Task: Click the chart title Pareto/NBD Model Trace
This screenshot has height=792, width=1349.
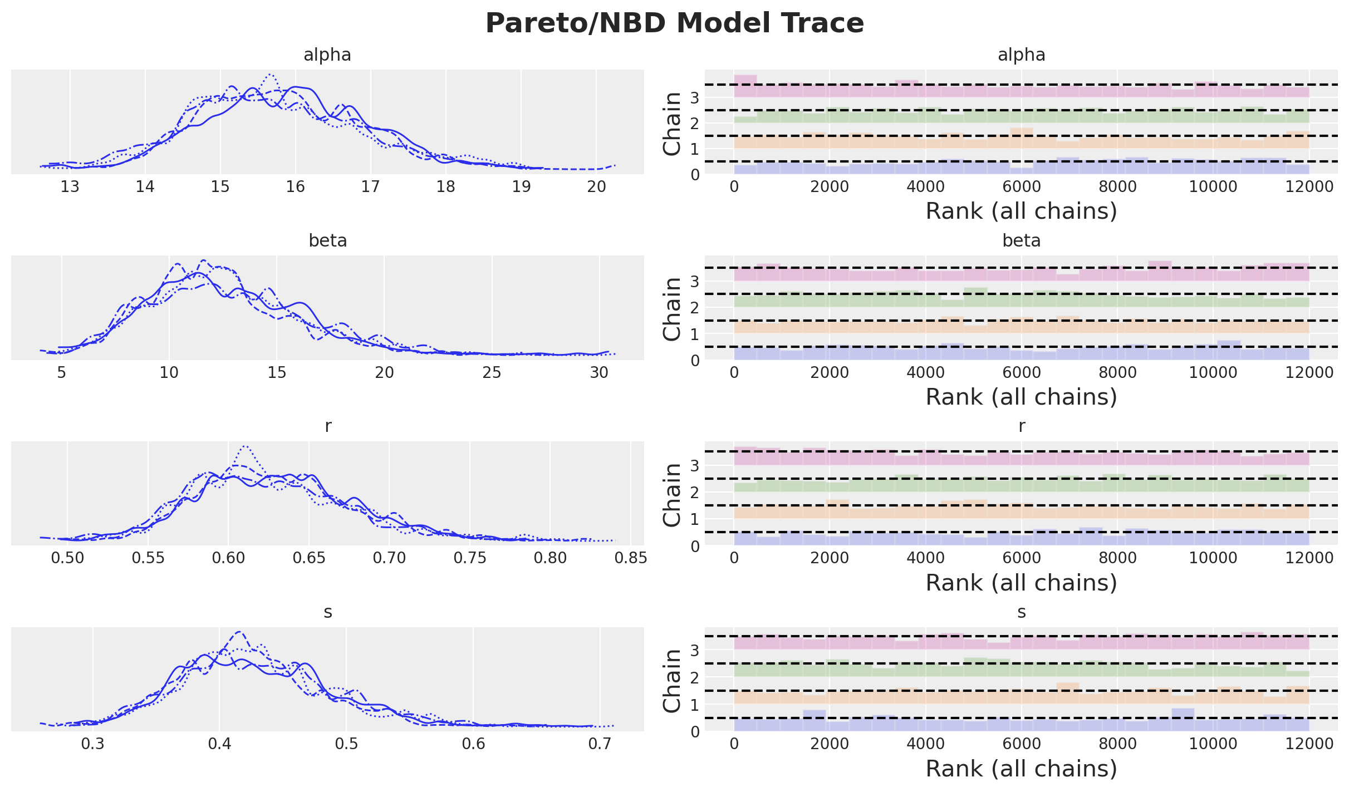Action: (674, 23)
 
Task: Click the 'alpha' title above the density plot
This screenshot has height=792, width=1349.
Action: (327, 55)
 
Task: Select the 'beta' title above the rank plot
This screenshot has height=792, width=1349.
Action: (1021, 240)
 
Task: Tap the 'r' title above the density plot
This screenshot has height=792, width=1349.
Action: (327, 426)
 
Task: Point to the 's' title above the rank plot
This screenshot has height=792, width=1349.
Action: (1021, 612)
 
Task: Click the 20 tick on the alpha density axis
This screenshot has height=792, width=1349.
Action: (596, 186)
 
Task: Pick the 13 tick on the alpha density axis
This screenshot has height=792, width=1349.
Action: (70, 186)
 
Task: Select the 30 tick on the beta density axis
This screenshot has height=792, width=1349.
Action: (600, 372)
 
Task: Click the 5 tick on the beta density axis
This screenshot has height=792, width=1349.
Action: (62, 372)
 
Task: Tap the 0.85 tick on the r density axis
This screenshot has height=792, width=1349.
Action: (630, 558)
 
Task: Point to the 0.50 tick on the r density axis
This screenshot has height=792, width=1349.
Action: (68, 558)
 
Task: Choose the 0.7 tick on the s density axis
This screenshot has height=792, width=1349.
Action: (600, 744)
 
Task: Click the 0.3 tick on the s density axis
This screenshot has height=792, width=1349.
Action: (93, 744)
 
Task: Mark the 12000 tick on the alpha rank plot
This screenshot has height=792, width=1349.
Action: (1309, 186)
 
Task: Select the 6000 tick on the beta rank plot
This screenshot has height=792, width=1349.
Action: (1021, 372)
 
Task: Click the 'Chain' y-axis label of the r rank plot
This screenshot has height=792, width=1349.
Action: (672, 495)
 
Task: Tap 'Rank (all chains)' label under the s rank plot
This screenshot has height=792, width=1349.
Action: (1021, 769)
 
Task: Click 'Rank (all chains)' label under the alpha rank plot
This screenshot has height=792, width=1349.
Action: (1021, 211)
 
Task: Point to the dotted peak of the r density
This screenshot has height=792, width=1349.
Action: (245, 446)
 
